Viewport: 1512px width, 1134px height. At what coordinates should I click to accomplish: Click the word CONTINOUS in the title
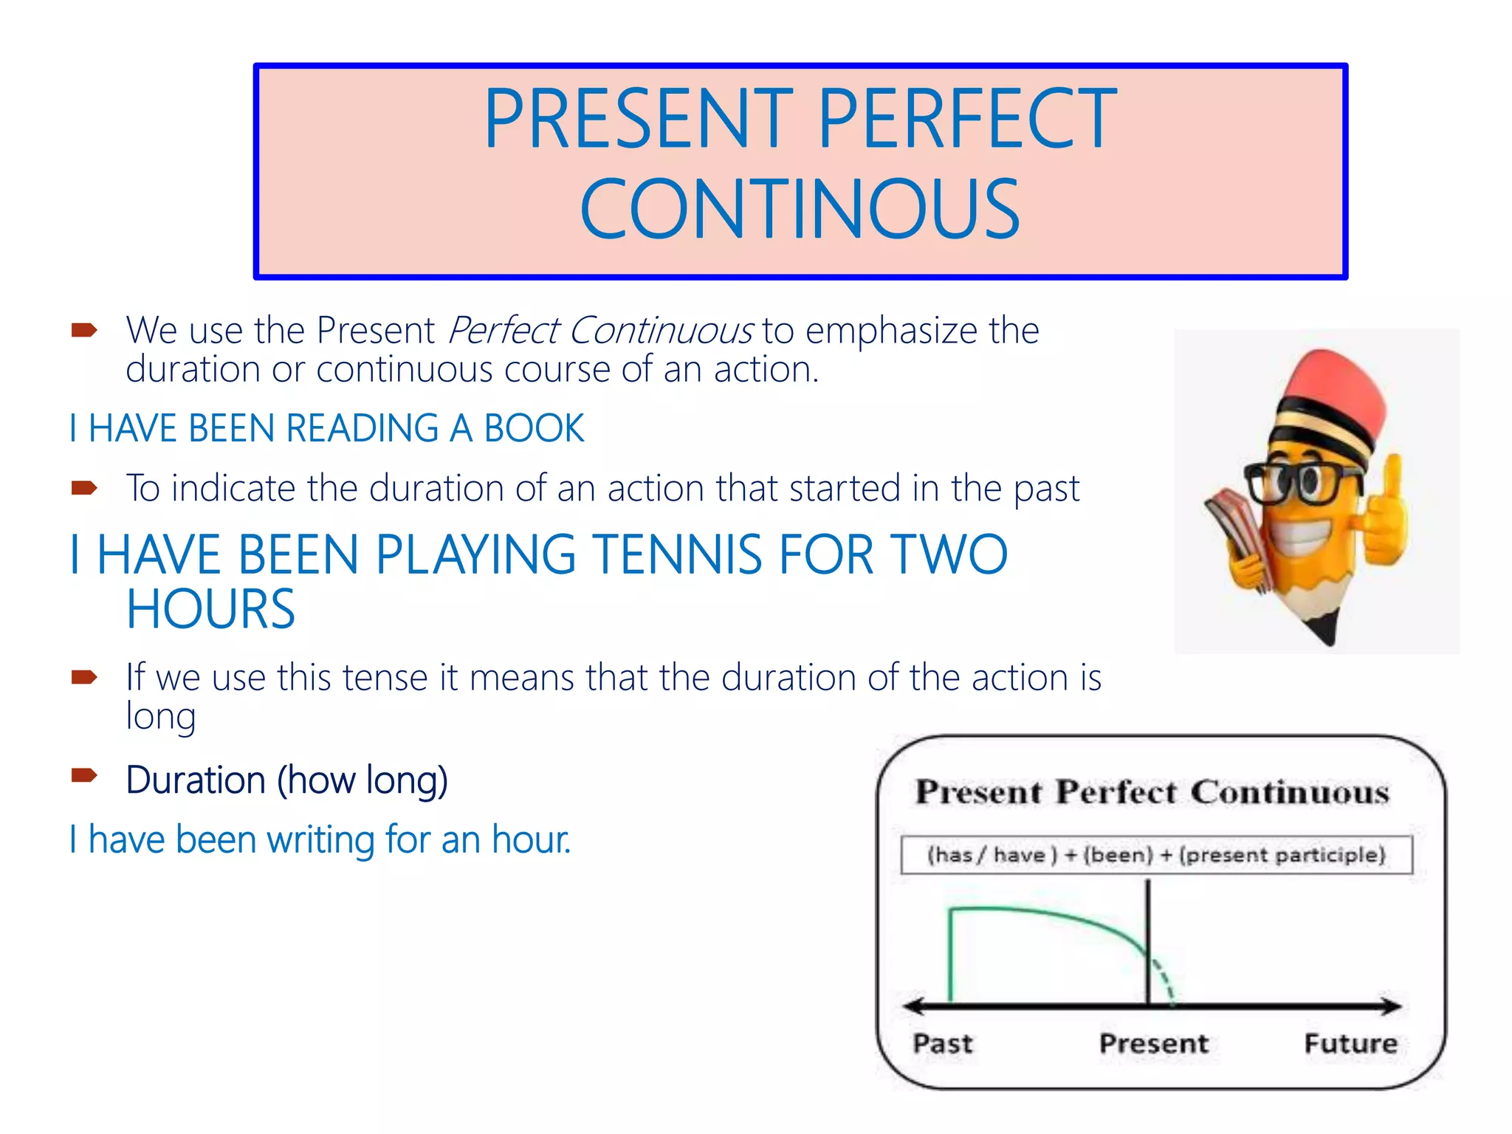[800, 210]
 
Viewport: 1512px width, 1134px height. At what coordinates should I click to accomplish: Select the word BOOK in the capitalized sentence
[534, 428]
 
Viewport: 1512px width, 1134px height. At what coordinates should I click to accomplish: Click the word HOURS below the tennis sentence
[210, 610]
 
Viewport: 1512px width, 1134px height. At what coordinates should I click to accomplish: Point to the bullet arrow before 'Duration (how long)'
[84, 774]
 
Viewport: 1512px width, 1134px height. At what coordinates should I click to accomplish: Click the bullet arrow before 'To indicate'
[84, 487]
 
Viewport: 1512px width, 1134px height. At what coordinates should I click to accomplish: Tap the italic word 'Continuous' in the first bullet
[661, 330]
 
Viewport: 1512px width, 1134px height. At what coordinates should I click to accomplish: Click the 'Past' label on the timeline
[942, 1043]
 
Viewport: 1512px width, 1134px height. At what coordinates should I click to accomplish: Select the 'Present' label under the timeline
[1153, 1043]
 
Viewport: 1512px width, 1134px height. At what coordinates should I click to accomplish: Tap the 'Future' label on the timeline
[1350, 1043]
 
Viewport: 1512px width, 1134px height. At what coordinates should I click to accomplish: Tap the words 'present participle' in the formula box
[1283, 855]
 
